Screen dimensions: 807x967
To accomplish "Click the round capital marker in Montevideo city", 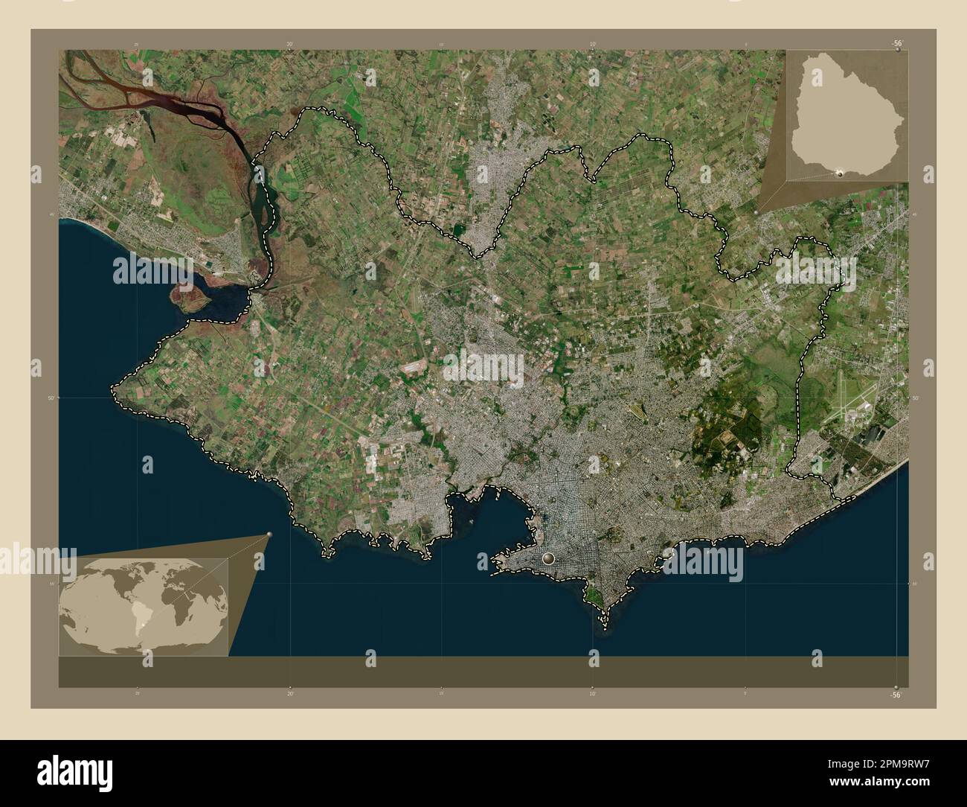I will point(550,558).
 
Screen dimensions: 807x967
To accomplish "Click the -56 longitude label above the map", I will point(897,44).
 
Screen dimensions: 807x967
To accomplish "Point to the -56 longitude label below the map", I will point(896,695).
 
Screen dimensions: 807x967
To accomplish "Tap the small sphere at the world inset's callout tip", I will point(269,535).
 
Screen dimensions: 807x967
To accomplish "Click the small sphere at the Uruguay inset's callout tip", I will point(757,212).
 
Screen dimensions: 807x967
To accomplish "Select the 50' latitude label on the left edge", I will point(49,399).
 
